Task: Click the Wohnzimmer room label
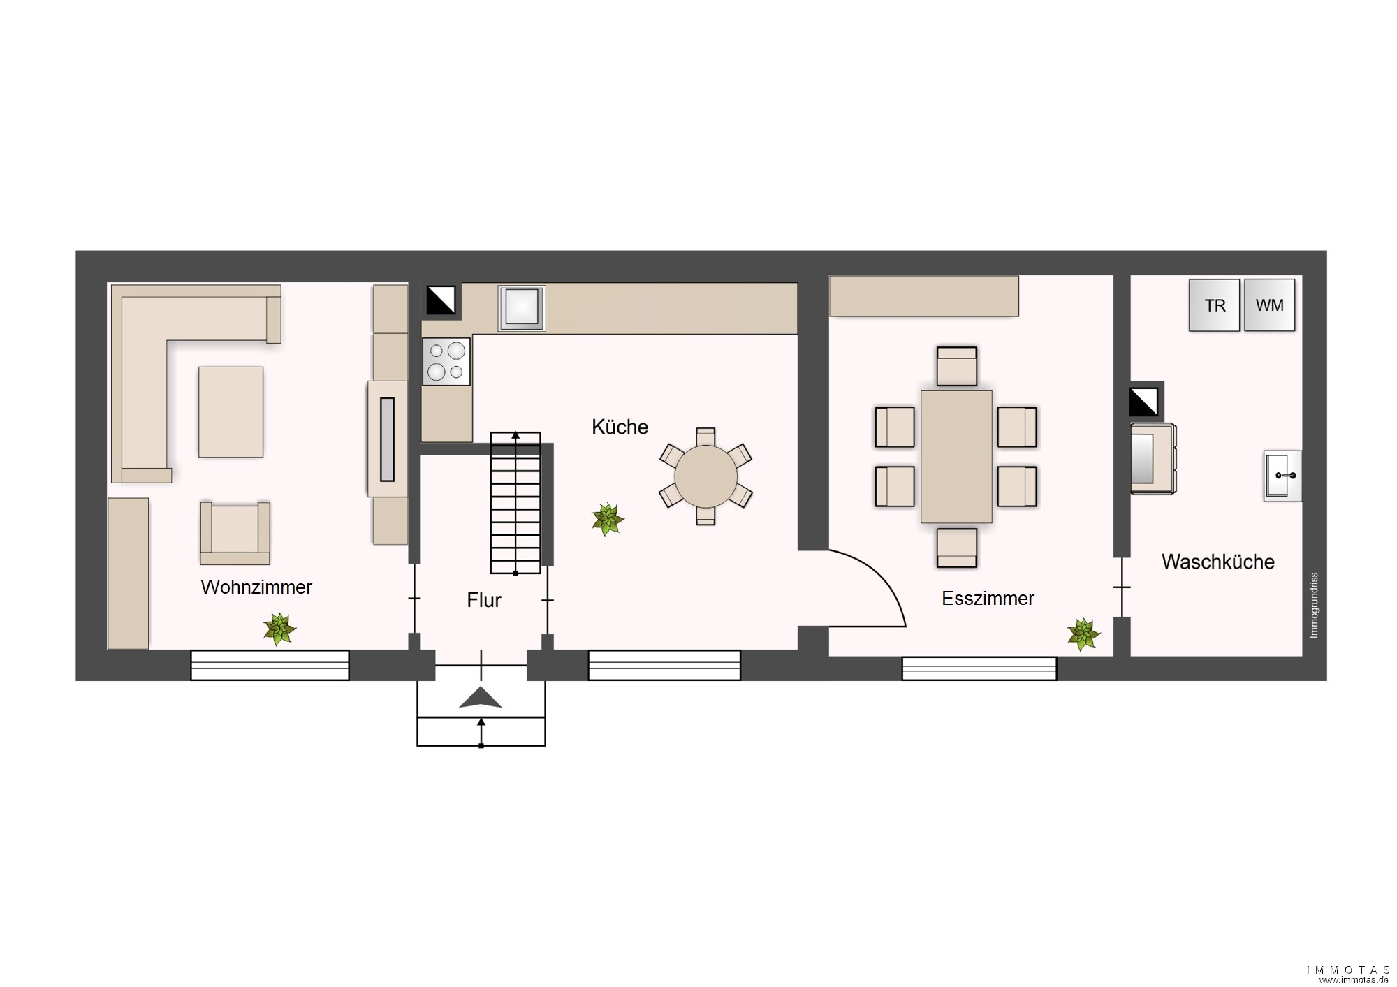pos(256,587)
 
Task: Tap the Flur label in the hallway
pos(484,600)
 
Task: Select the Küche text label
pos(620,427)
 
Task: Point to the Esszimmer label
pos(988,599)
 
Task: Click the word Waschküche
pos(1217,562)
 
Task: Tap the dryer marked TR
pos(1215,305)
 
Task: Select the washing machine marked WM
pos(1269,305)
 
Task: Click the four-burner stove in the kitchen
pos(446,361)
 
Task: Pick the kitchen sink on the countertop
pos(521,308)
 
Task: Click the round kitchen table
pos(705,476)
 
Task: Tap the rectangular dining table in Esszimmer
pos(956,457)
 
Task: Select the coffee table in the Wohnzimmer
pos(231,412)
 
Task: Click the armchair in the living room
pos(235,533)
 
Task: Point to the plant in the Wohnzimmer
pos(279,629)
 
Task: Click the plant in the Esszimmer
pos(1083,634)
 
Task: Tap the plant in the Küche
pos(608,520)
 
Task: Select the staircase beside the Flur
pos(515,503)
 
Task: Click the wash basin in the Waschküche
pos(1283,476)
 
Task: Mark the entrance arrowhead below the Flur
pos(481,698)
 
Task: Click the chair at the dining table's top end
pos(956,366)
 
